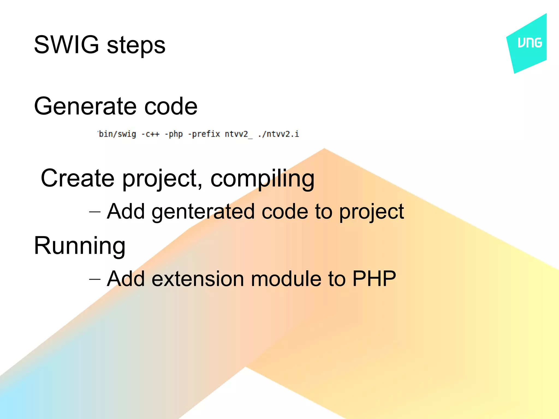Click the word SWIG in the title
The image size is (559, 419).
pyautogui.click(x=66, y=45)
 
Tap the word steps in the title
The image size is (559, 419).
pyautogui.click(x=136, y=46)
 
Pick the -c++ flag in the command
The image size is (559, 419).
pyautogui.click(x=150, y=134)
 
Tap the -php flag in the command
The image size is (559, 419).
pyautogui.click(x=174, y=134)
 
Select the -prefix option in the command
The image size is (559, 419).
pyautogui.click(x=204, y=134)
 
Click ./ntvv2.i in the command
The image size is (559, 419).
pyautogui.click(x=278, y=134)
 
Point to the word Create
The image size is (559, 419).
pyautogui.click(x=77, y=178)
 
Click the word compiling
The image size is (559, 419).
pyautogui.click(x=262, y=179)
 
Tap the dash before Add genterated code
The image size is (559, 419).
pyautogui.click(x=95, y=212)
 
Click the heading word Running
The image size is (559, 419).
pyautogui.click(x=79, y=246)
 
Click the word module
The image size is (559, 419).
pyautogui.click(x=286, y=279)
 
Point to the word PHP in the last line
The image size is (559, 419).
pyautogui.click(x=374, y=279)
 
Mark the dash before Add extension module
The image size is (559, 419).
pyautogui.click(x=95, y=279)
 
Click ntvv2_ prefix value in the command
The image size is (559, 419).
pyautogui.click(x=239, y=134)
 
